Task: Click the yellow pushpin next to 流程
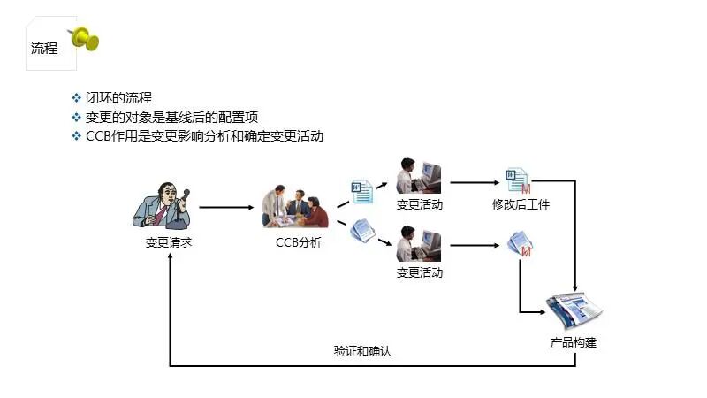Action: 84,38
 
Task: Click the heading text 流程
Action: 44,49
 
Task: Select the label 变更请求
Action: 169,242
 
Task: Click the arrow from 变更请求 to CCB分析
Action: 225,209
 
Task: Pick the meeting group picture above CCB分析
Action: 295,207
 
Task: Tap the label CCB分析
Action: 299,242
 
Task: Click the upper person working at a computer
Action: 418,177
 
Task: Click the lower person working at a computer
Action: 418,244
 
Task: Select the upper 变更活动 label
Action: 419,205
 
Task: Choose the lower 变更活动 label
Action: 419,272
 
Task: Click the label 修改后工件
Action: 521,205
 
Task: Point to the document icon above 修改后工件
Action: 517,180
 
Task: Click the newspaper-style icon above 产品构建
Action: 574,311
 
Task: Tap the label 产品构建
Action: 574,342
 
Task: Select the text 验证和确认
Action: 362,351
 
